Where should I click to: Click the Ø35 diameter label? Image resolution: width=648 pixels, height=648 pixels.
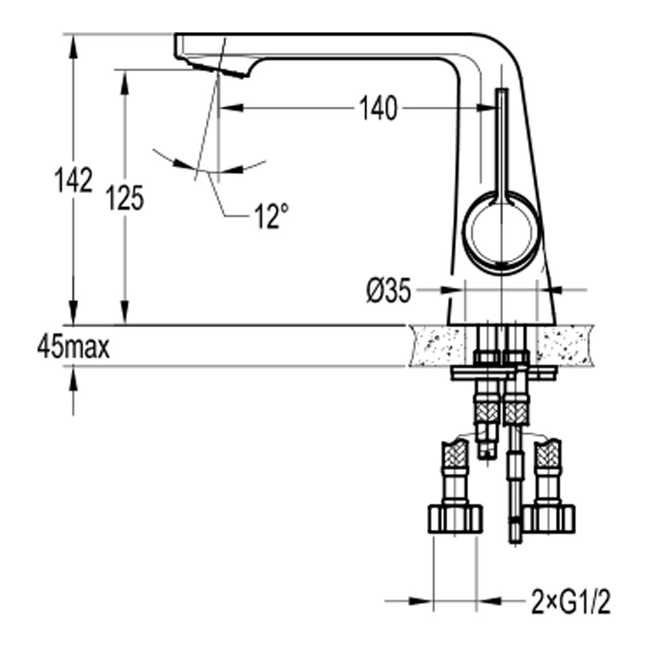[388, 293]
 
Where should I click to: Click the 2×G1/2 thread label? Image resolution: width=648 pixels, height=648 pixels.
[569, 602]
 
